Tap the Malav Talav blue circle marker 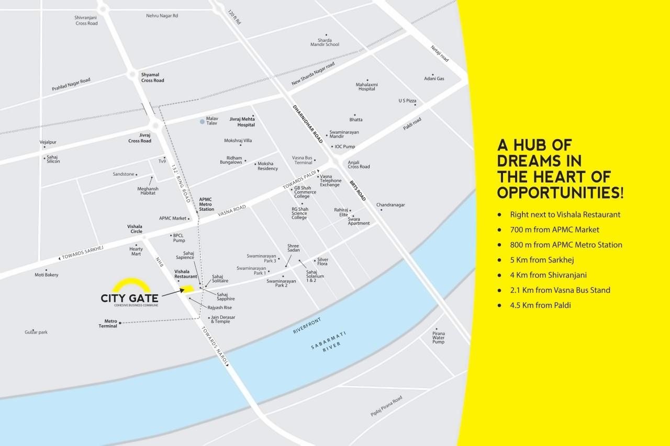click(x=202, y=122)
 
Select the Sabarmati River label click(x=326, y=347)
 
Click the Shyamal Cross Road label click(x=152, y=77)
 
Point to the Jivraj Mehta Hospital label click(x=242, y=122)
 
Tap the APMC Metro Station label click(x=206, y=204)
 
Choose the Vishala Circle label click(x=135, y=228)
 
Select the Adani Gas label click(x=434, y=78)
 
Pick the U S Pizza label click(x=407, y=100)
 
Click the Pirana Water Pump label click(x=438, y=337)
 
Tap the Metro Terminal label click(x=108, y=323)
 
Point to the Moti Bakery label click(x=47, y=275)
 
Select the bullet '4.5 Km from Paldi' click(x=540, y=305)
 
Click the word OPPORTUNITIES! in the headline click(x=560, y=192)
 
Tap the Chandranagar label click(x=390, y=205)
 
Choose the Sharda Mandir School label click(x=325, y=42)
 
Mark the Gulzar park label click(x=36, y=332)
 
